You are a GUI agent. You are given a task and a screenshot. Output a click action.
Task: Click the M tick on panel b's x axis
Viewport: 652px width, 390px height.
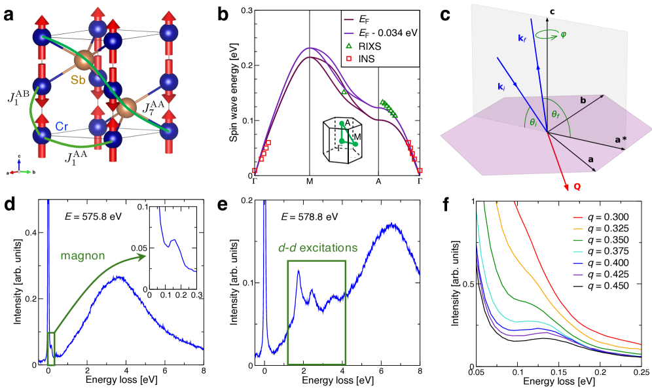pyautogui.click(x=310, y=182)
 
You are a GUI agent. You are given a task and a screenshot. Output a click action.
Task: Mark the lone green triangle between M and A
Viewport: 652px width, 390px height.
pyautogui.click(x=343, y=93)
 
